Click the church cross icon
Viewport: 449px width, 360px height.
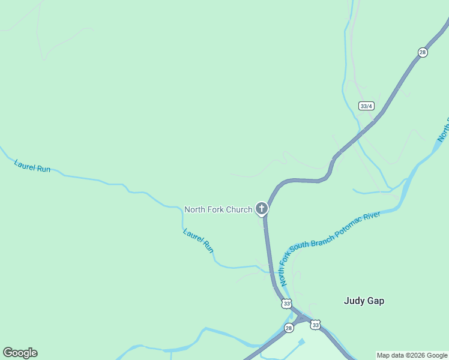coord(261,208)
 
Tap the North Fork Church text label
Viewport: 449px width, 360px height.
coord(218,209)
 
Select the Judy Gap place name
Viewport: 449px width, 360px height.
coord(364,301)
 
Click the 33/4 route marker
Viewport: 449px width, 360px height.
coord(366,106)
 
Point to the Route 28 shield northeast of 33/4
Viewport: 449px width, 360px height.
coord(423,53)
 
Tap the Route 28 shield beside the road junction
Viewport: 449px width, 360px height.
coord(289,328)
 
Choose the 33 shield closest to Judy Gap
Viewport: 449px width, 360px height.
coord(315,325)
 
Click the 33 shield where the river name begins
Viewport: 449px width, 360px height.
coord(286,304)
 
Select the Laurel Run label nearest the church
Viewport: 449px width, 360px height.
coord(199,239)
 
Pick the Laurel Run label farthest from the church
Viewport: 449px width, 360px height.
coord(32,166)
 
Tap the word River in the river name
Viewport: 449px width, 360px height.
coord(373,215)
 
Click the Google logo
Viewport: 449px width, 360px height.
coord(20,353)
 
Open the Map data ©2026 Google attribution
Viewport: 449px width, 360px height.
coord(412,355)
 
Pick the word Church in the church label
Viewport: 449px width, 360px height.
coord(238,209)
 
